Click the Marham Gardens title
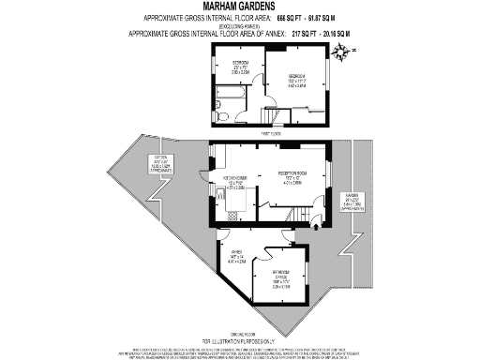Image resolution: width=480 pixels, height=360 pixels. pyautogui.click(x=239, y=7)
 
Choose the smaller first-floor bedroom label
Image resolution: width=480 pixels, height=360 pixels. pyautogui.click(x=240, y=67)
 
